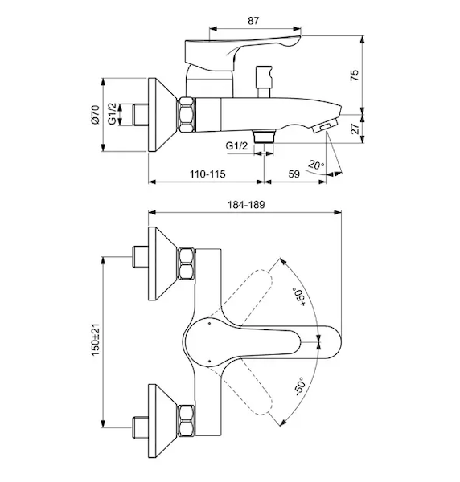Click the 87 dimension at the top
pos(253,21)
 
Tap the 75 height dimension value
pos(355,76)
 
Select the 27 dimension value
pos(355,129)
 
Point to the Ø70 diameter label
pos(95,115)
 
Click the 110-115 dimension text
pos(207,174)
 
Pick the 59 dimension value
pos(294,174)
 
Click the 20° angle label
pos(316,165)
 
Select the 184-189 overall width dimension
pos(246,204)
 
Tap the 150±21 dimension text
pos(96,340)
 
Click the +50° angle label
pos(299,297)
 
